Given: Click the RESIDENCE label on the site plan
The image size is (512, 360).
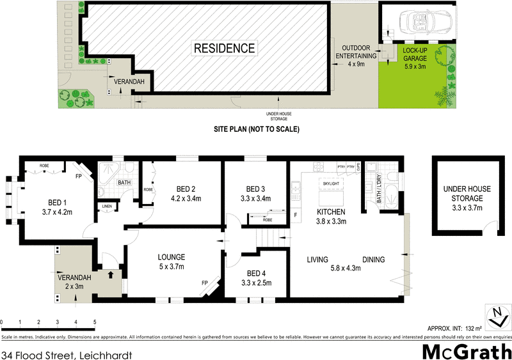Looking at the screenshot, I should tap(224, 48).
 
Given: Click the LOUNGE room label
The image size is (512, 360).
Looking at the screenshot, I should tap(171, 262).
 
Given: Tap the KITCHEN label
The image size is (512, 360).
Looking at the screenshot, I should tap(331, 217).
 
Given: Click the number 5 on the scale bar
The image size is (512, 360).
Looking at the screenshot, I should tap(94, 322).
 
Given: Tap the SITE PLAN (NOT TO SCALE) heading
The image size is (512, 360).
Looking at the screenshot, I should tap(256, 129).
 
